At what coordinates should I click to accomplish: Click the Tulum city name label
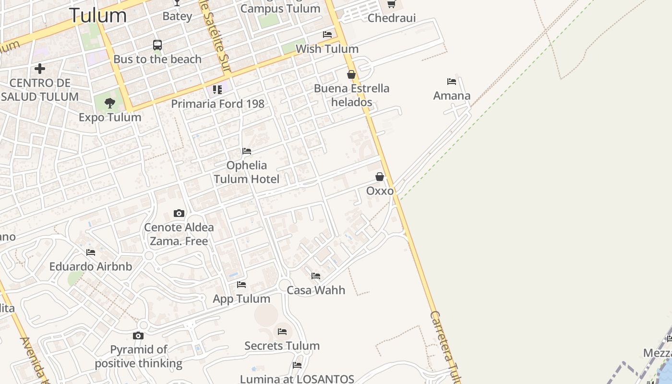(x=98, y=15)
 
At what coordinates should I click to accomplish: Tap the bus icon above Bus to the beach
(x=157, y=45)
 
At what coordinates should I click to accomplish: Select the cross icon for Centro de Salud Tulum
(x=40, y=69)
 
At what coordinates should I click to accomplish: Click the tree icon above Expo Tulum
(x=110, y=103)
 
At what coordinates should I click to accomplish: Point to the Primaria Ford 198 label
(x=217, y=104)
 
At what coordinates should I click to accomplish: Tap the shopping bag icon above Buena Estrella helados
(x=351, y=74)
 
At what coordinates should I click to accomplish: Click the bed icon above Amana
(x=452, y=82)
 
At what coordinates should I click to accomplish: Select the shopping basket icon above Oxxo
(x=380, y=177)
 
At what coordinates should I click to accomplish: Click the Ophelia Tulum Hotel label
(x=246, y=172)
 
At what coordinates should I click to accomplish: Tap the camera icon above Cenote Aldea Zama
(x=179, y=213)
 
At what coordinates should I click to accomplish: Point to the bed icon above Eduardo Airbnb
(x=91, y=252)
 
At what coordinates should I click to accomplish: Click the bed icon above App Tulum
(x=241, y=285)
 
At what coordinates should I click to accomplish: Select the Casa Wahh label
(x=316, y=290)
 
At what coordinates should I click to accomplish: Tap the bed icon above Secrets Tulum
(x=282, y=332)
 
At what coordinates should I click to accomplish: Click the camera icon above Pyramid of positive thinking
(x=138, y=336)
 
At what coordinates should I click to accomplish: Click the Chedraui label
(x=391, y=18)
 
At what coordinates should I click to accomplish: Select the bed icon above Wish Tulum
(x=327, y=35)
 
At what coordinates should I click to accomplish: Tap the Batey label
(x=177, y=16)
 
